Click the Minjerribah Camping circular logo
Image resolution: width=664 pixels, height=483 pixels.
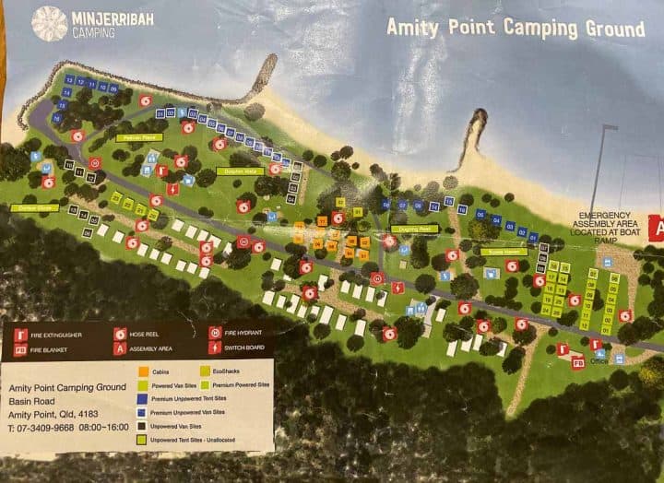pos(49,24)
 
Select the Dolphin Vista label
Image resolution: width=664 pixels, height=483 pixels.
pos(241,171)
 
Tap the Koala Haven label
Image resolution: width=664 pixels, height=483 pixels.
pos(503,251)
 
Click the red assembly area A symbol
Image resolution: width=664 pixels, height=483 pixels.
pos(658,225)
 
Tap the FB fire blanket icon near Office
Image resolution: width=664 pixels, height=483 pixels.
pos(578,363)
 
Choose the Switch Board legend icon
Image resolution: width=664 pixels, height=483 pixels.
pos(215,348)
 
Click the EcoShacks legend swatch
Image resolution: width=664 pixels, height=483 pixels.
pos(205,371)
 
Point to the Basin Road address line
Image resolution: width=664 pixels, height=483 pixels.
pos(32,402)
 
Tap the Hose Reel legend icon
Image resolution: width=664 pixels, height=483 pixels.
pos(120,334)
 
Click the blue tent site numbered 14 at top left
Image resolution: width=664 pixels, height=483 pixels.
pos(68,80)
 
